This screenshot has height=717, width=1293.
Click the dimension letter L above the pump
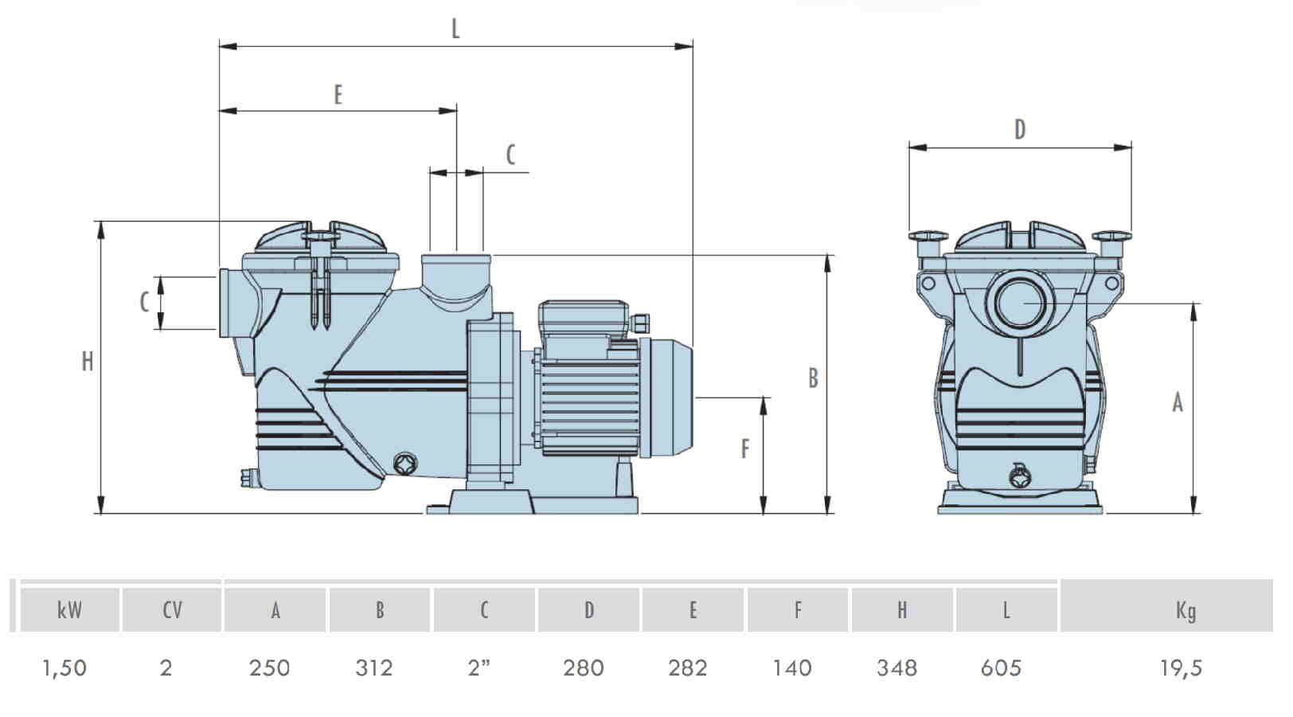tap(455, 29)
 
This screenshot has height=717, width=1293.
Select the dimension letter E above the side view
tap(338, 95)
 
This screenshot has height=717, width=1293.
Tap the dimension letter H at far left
tap(87, 361)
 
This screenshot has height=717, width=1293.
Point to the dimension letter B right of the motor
tap(814, 378)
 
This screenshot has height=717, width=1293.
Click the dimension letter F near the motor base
tap(745, 449)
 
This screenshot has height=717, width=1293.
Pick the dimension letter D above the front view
tap(1020, 130)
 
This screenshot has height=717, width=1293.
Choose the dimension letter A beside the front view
tap(1178, 402)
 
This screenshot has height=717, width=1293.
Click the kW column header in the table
tap(70, 610)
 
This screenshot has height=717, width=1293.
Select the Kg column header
tap(1186, 611)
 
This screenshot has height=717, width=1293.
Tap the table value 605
tap(1001, 668)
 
